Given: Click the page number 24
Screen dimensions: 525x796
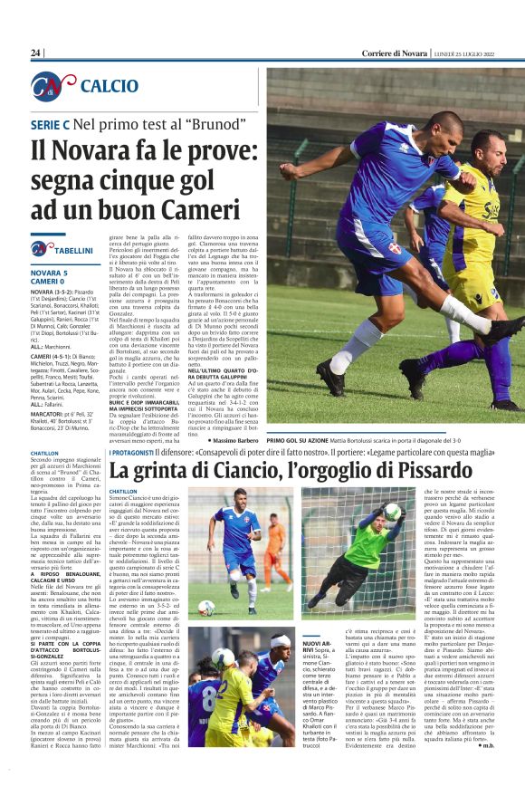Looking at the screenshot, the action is (x=36, y=53).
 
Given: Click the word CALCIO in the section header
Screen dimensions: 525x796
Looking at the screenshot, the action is (x=110, y=87).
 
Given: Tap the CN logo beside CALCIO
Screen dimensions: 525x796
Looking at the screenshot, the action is (x=52, y=87).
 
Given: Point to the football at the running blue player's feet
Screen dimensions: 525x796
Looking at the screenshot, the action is (x=207, y=607).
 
